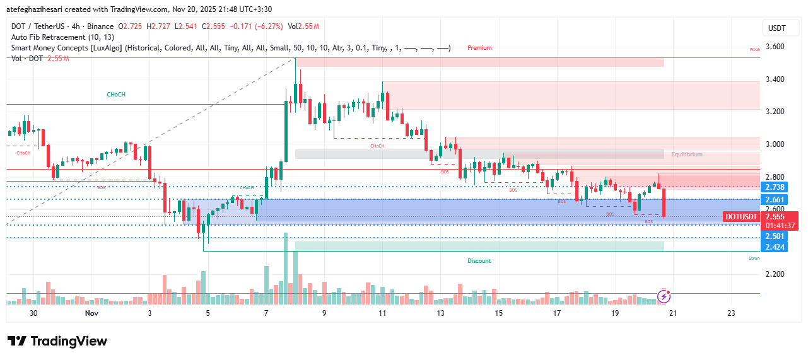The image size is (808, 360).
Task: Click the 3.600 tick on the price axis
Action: pos(775,47)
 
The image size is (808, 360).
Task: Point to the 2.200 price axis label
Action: pos(775,274)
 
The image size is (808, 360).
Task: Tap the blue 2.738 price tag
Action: pos(775,187)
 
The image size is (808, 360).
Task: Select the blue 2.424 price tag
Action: pos(775,247)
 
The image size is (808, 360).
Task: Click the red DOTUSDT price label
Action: pos(741,217)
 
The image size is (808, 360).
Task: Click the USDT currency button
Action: pos(776,28)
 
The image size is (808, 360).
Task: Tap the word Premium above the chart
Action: pos(479,48)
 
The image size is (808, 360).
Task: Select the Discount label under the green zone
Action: pos(479,260)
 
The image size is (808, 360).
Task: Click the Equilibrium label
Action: pos(686,154)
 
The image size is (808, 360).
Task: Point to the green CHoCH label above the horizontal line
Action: pos(115,95)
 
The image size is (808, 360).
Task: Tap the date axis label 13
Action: pos(440,313)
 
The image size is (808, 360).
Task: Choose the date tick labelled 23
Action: pos(731,313)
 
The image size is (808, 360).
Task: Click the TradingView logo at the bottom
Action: pos(57,341)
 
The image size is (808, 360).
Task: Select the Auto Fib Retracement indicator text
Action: pos(62,37)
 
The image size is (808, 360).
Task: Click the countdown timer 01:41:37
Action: pos(779,225)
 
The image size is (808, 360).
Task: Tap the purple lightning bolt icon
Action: pos(663,296)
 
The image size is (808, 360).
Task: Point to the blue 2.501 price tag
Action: pos(775,236)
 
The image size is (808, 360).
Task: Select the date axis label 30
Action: pos(33,313)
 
